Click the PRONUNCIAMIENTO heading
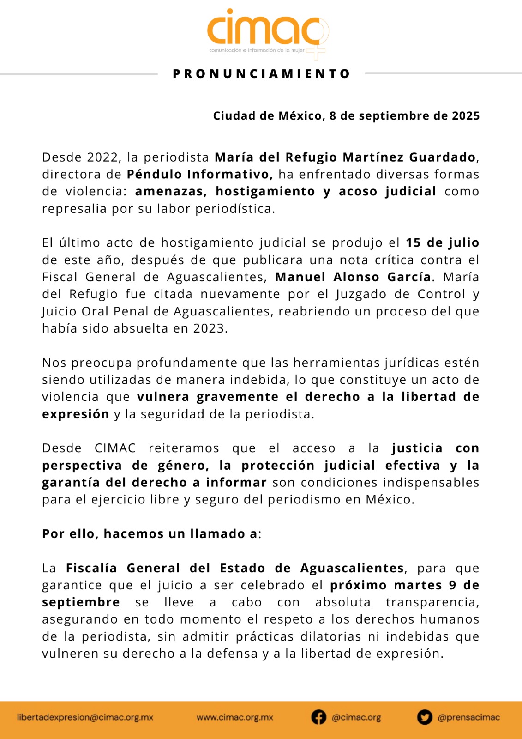(261, 74)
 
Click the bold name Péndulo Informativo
(199, 175)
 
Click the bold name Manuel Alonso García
(353, 277)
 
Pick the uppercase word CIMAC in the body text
(115, 448)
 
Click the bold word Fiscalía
(91, 568)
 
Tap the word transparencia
(432, 602)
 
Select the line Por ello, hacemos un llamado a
(151, 534)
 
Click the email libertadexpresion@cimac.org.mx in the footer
(85, 717)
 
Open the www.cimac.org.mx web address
(235, 717)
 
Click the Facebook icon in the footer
(318, 717)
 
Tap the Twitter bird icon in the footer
(425, 717)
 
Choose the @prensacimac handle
(468, 717)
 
